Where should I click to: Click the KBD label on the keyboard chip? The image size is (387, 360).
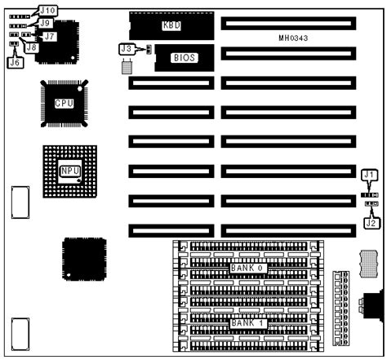(x=171, y=25)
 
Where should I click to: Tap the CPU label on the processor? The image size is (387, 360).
(x=64, y=104)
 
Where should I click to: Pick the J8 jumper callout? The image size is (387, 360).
(x=31, y=47)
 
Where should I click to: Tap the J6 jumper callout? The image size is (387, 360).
(x=14, y=60)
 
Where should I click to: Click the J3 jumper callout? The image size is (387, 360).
(x=126, y=50)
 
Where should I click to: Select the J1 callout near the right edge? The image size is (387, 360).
(x=370, y=174)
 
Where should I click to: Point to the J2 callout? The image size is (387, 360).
(x=370, y=220)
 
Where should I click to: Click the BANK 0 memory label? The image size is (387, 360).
(x=247, y=268)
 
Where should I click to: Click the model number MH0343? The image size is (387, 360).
(x=293, y=38)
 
